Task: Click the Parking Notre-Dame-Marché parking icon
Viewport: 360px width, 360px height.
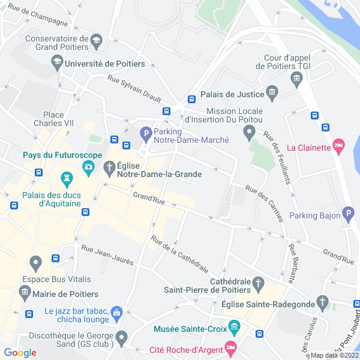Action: (145, 133)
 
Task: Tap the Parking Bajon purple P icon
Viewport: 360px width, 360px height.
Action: (349, 215)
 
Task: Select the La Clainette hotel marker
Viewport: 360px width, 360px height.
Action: (339, 146)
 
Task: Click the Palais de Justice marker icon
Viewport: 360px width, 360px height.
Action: (273, 92)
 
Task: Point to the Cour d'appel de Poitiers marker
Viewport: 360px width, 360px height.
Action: (296, 79)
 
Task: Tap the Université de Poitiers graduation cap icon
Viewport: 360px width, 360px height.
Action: (57, 61)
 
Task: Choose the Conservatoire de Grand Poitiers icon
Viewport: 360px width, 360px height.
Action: (96, 42)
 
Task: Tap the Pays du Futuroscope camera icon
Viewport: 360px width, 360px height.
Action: (88, 167)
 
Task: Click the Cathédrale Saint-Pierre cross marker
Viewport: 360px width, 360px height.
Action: (257, 281)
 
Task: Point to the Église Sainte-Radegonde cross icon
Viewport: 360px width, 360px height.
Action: (323, 301)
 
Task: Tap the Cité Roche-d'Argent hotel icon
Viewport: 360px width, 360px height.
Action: (230, 347)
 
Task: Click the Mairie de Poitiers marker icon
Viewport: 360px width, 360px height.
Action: (25, 292)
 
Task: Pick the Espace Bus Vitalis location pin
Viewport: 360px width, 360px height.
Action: (35, 262)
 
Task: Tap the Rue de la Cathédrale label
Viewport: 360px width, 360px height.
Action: (180, 254)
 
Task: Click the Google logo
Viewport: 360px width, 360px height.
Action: (20, 353)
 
